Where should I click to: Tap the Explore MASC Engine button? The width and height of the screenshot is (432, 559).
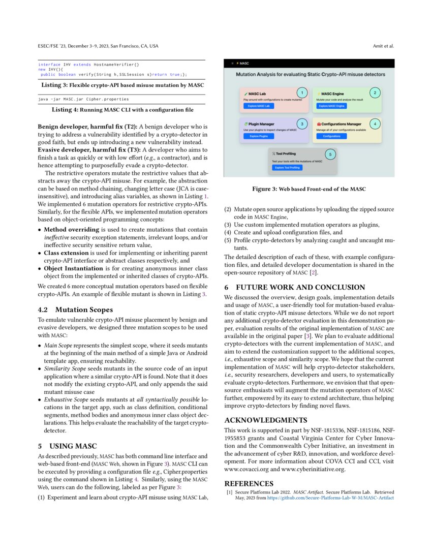pyautogui.click(x=332, y=106)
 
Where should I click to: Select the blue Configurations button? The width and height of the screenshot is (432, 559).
pyautogui.click(x=331, y=136)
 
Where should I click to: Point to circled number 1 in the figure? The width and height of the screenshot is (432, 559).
pyautogui.click(x=302, y=92)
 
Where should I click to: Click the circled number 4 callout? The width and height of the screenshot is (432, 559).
pyautogui.click(x=375, y=123)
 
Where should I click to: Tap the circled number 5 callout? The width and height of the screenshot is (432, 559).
pyautogui.click(x=329, y=154)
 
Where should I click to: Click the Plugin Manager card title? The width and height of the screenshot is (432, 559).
pyautogui.click(x=262, y=123)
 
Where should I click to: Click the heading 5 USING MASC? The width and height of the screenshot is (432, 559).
pyautogui.click(x=68, y=446)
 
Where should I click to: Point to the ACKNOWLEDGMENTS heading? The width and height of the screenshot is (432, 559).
pyautogui.click(x=266, y=420)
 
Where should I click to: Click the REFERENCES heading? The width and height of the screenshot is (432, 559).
pyautogui.click(x=249, y=483)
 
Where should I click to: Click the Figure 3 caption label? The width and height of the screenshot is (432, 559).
pyautogui.click(x=265, y=189)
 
